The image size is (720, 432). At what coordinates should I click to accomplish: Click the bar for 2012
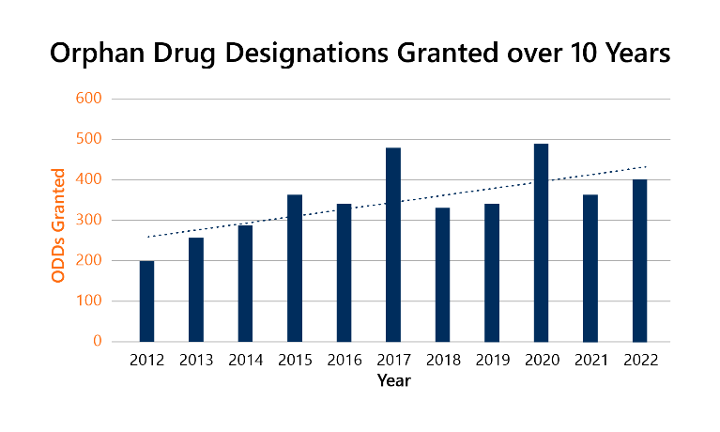pos(146,301)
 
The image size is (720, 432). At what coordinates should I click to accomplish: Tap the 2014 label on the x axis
pos(245,361)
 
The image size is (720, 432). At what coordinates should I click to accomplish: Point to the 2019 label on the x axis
pos(491,361)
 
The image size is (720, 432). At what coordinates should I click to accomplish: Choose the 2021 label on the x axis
pos(590,361)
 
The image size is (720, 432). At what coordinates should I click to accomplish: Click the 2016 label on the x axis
pos(344,361)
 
